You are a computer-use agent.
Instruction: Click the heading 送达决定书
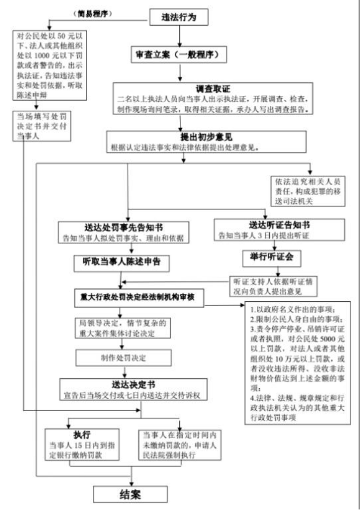pos(134,384)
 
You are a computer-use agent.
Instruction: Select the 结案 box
pos(129,494)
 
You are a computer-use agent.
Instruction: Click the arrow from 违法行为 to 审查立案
pos(181,36)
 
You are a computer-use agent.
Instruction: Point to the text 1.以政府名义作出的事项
pos(296,309)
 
